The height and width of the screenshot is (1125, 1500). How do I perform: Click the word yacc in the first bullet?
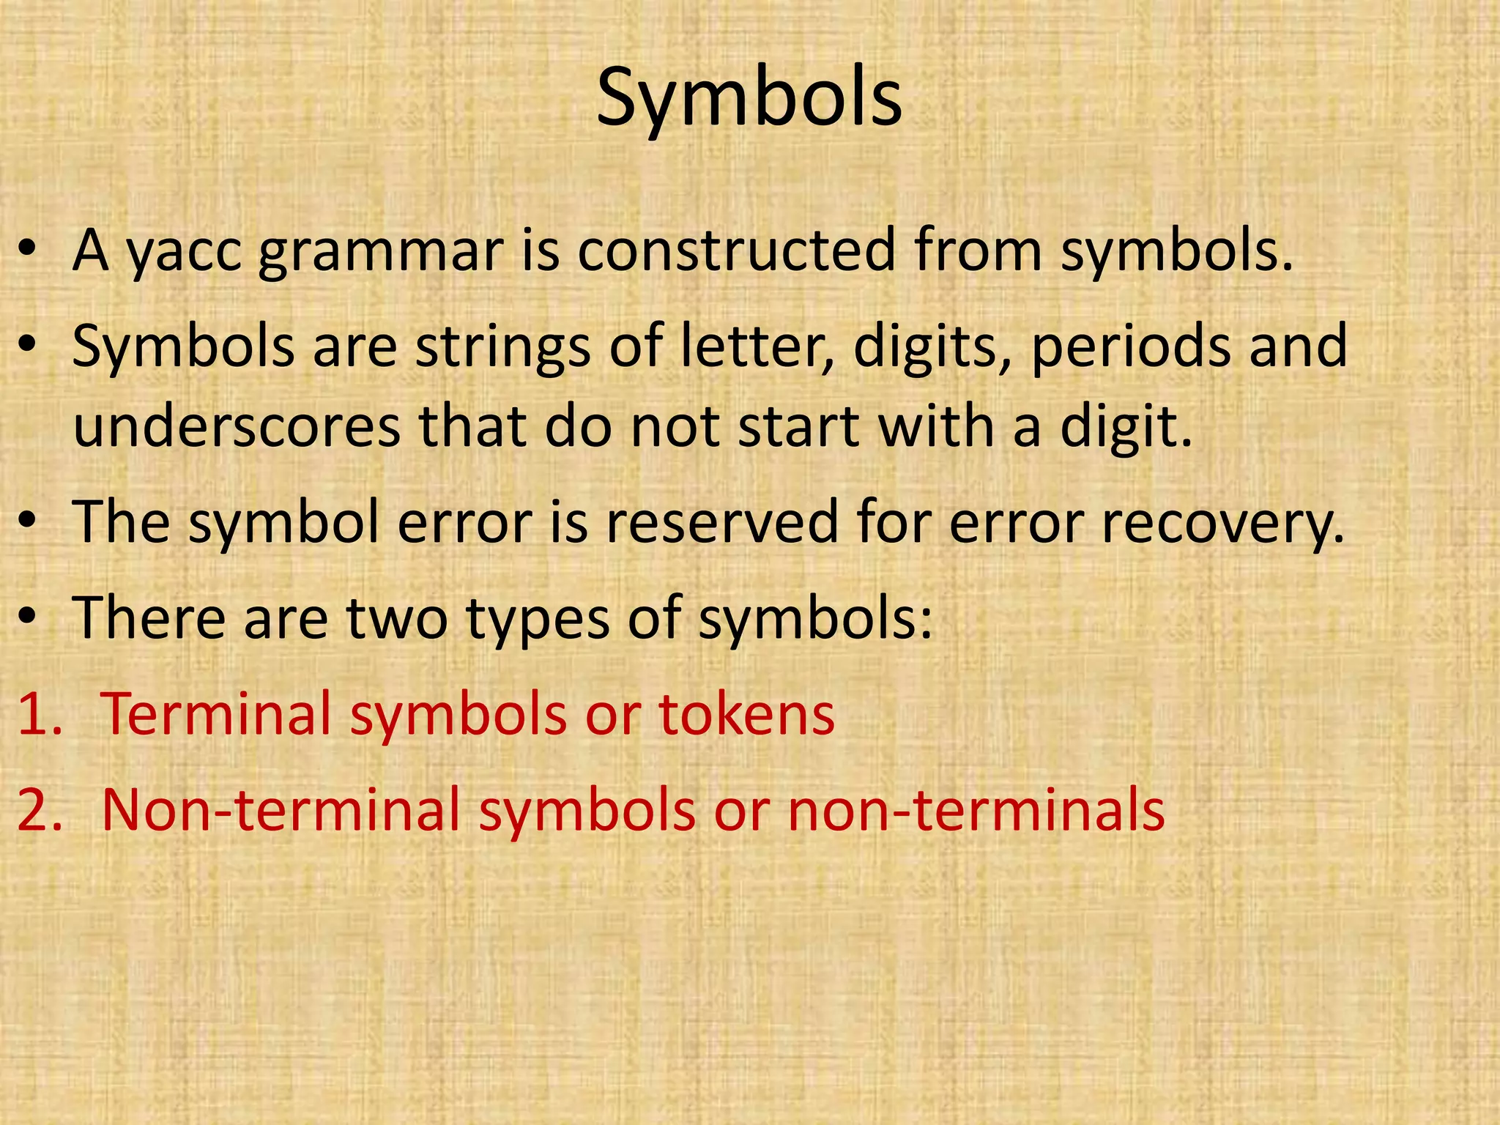pyautogui.click(x=184, y=253)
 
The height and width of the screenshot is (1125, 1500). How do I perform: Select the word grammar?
pyautogui.click(x=381, y=253)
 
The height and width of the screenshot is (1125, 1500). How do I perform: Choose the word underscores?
pyautogui.click(x=237, y=426)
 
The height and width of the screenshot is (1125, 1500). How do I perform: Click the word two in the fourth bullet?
pyautogui.click(x=396, y=617)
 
